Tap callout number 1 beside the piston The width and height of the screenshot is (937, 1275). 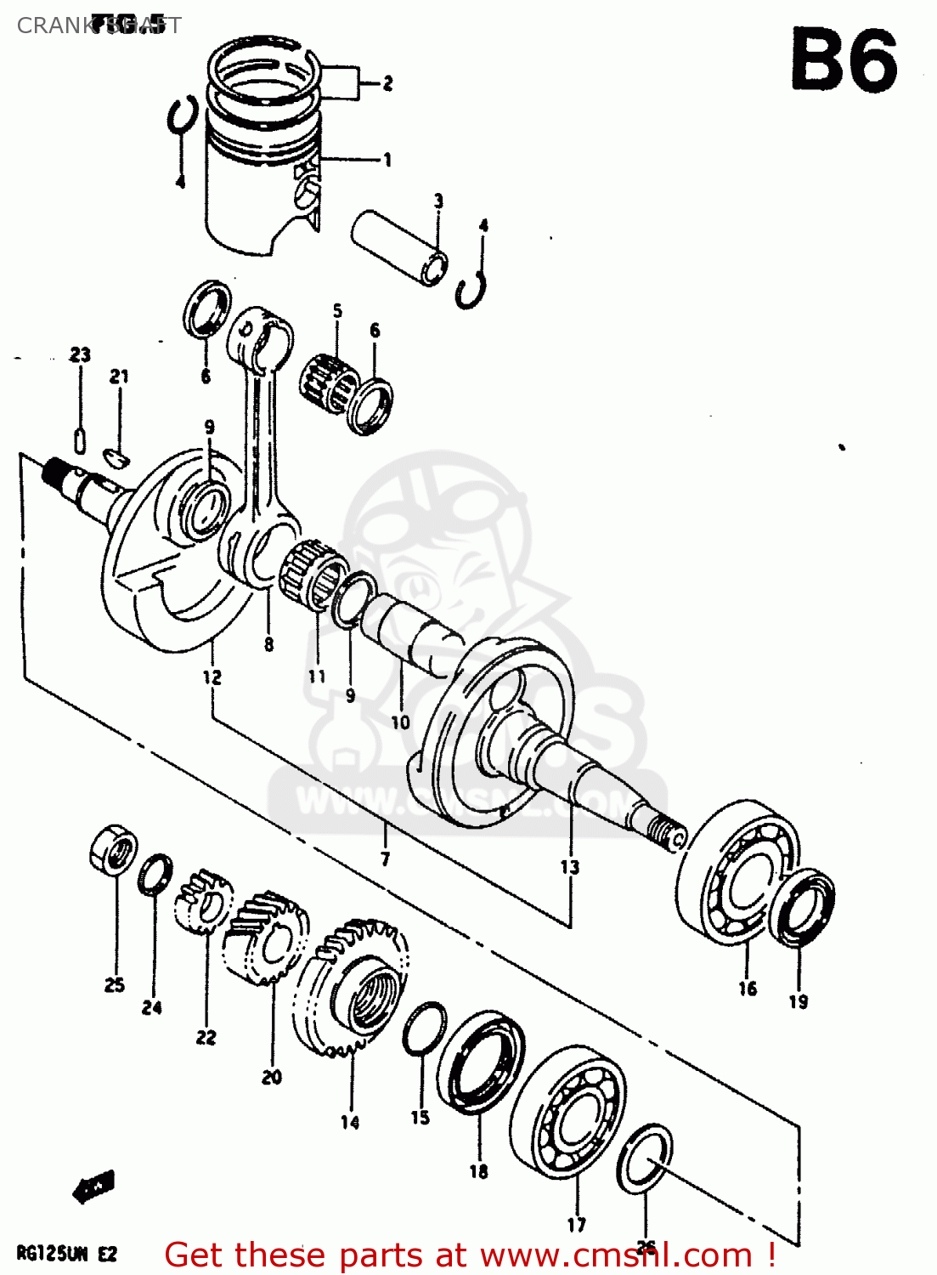click(387, 160)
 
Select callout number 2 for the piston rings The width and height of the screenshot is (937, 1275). click(387, 83)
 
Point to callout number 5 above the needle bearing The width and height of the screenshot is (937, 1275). click(337, 311)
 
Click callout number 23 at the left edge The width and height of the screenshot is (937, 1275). click(80, 354)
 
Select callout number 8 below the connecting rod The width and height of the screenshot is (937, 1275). click(268, 644)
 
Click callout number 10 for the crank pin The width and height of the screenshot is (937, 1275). click(400, 722)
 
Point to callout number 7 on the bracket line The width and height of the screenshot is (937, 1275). click(385, 859)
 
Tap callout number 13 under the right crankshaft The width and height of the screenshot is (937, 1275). click(569, 867)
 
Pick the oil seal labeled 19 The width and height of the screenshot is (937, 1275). click(805, 905)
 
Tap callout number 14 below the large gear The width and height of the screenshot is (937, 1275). click(350, 1123)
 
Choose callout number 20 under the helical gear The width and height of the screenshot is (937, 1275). click(272, 1077)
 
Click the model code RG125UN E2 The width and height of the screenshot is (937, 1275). click(66, 1255)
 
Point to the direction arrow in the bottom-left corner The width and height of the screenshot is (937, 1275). click(93, 1187)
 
